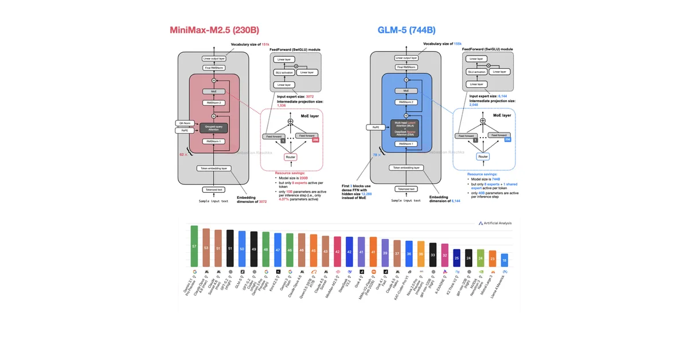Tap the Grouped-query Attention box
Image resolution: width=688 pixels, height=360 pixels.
click(213, 128)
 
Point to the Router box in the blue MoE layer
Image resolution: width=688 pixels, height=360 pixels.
click(483, 156)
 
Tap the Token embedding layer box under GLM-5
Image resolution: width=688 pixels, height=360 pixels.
click(406, 168)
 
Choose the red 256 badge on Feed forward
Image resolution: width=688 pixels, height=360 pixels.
click(314, 140)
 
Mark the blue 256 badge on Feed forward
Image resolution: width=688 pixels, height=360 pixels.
click(507, 140)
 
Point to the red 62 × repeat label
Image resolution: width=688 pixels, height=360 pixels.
click(184, 154)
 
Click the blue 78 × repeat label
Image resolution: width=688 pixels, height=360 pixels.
click(376, 154)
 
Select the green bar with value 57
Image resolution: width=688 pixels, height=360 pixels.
click(194, 245)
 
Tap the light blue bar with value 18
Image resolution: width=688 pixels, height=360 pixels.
click(504, 259)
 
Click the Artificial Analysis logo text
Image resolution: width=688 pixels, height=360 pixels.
click(498, 223)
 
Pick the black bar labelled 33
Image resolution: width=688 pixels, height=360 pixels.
click(433, 253)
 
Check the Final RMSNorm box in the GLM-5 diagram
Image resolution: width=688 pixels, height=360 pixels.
click(406, 68)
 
